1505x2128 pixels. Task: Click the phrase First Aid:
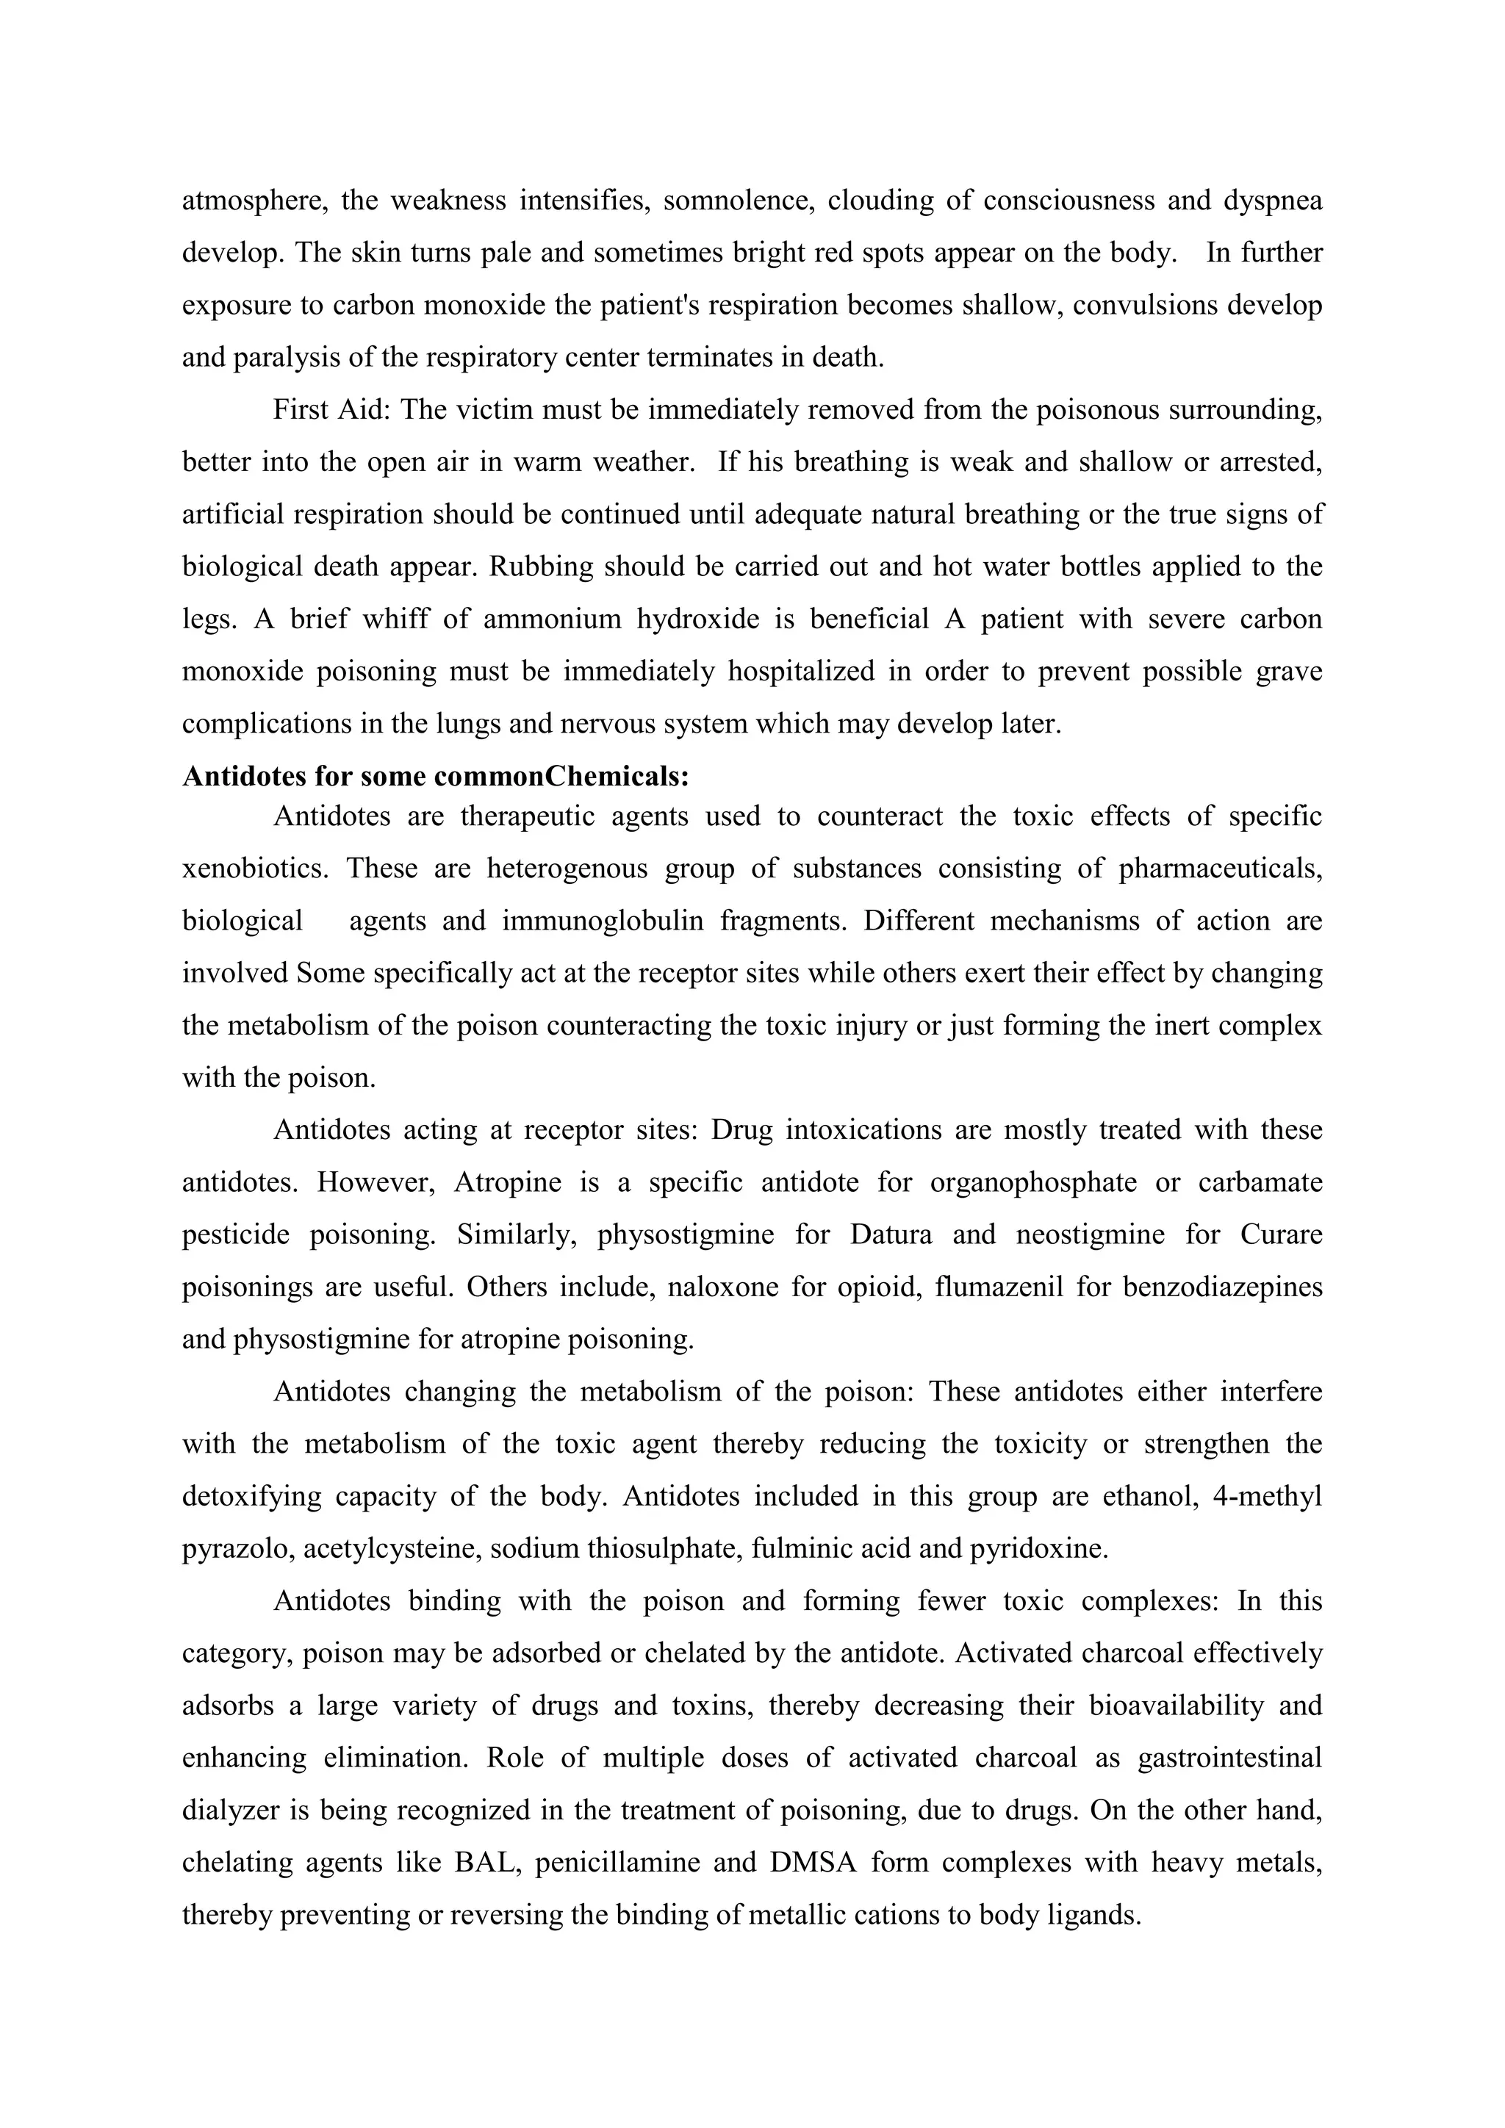(329, 410)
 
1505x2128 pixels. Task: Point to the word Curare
(1281, 1235)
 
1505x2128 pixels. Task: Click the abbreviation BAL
(483, 1863)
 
